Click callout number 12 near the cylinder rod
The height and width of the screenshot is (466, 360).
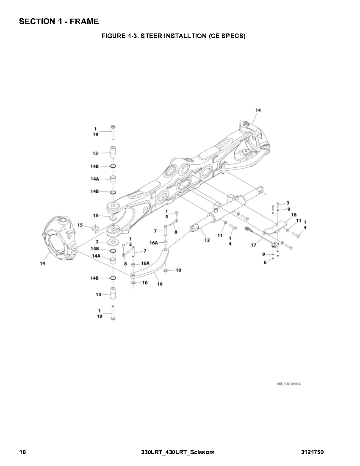pyautogui.click(x=207, y=240)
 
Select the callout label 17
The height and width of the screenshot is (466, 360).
pyautogui.click(x=253, y=245)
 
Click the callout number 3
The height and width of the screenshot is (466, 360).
pyautogui.click(x=288, y=203)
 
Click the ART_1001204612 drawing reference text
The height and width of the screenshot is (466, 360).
pyautogui.click(x=289, y=384)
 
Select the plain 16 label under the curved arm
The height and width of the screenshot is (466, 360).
pyautogui.click(x=160, y=284)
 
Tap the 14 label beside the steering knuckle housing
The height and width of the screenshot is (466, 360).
pyautogui.click(x=42, y=263)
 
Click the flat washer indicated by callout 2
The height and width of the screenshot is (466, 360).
pyautogui.click(x=113, y=242)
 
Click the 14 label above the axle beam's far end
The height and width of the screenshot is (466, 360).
pyautogui.click(x=258, y=110)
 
